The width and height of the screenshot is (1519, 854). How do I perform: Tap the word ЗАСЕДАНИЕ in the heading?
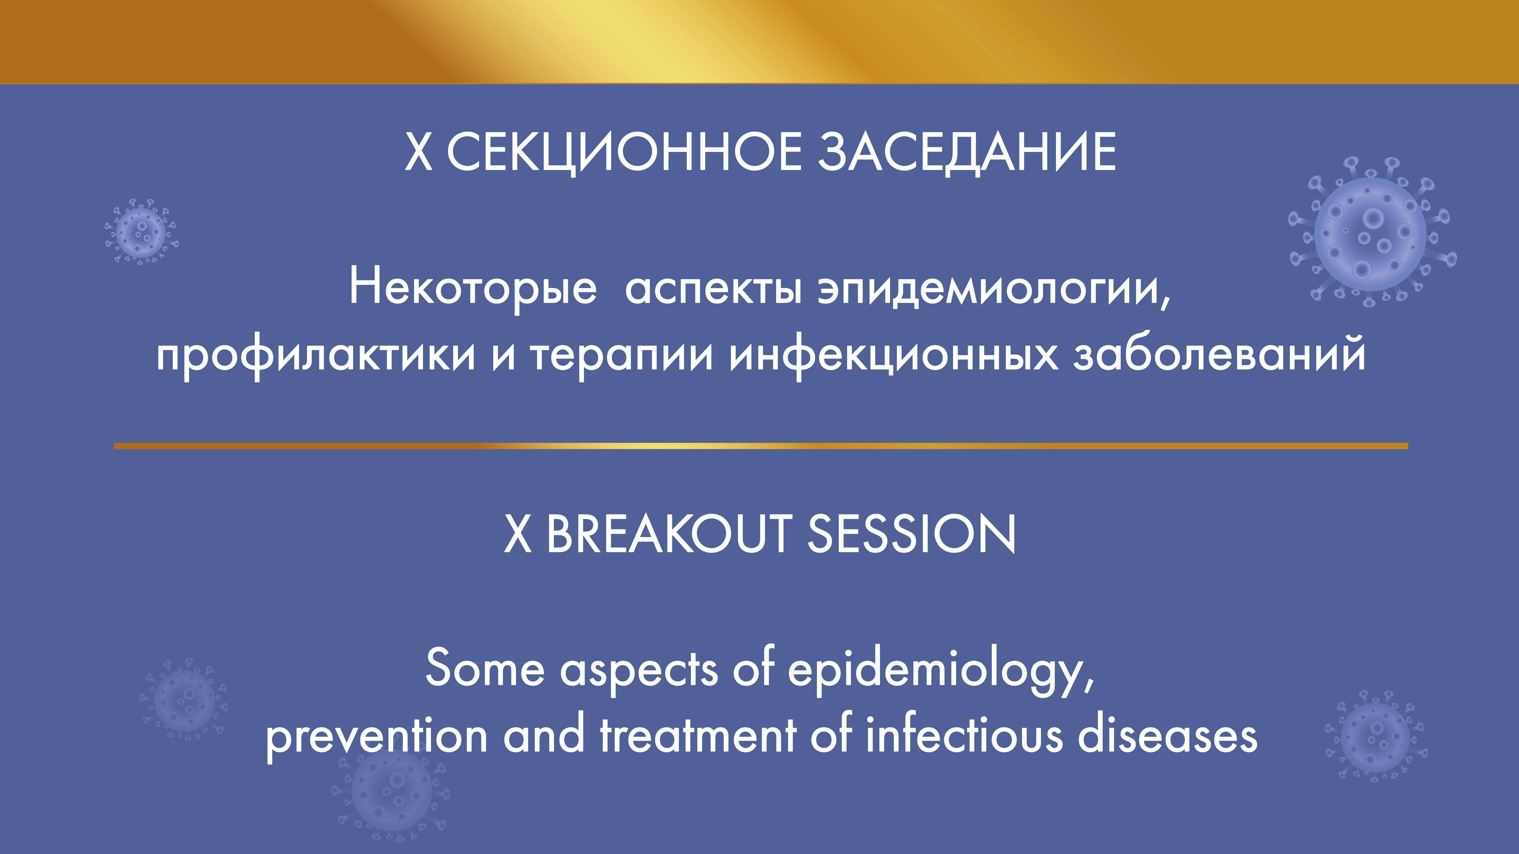(x=967, y=152)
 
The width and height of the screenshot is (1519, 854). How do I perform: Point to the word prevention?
(x=376, y=737)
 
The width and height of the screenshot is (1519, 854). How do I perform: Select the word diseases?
(x=1168, y=737)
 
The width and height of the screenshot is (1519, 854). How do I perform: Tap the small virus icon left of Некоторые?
(x=141, y=231)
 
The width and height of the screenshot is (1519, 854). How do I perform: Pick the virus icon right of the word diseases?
(x=1376, y=736)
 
